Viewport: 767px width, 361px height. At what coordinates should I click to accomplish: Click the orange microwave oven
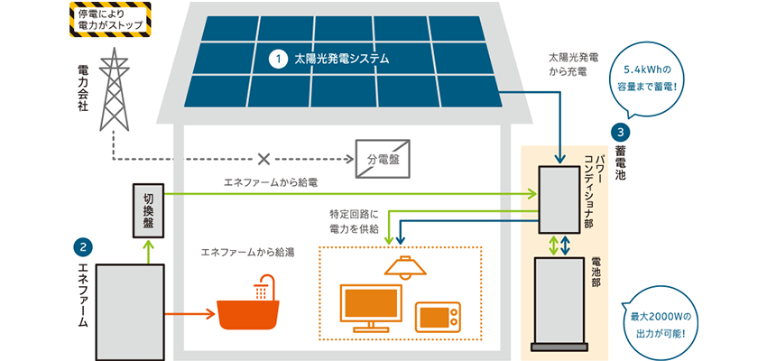(437, 317)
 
